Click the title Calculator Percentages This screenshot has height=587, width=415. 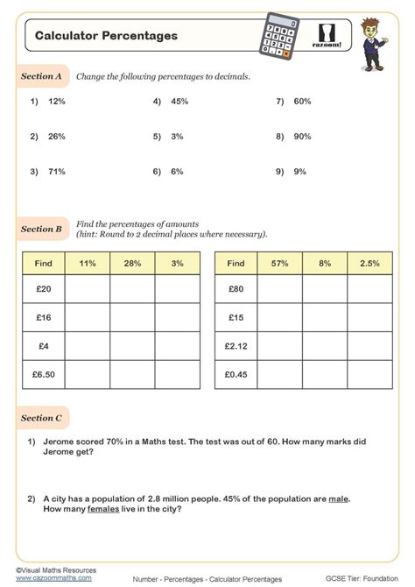[x=106, y=36]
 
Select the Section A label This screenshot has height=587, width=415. [x=41, y=77]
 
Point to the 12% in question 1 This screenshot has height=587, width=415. [x=57, y=102]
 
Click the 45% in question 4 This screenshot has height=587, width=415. [x=180, y=102]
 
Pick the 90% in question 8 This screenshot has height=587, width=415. [x=302, y=137]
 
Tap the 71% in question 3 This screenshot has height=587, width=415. [x=57, y=172]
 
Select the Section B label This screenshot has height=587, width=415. [x=41, y=230]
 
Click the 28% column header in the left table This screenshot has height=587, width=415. [x=132, y=263]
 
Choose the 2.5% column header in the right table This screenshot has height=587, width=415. [x=370, y=263]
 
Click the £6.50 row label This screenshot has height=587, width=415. [x=43, y=375]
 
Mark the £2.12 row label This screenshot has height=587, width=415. [x=236, y=345]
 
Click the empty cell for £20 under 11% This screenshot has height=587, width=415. [x=88, y=287]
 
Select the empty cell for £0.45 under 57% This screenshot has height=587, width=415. [x=280, y=375]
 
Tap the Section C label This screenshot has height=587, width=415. [x=41, y=419]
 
